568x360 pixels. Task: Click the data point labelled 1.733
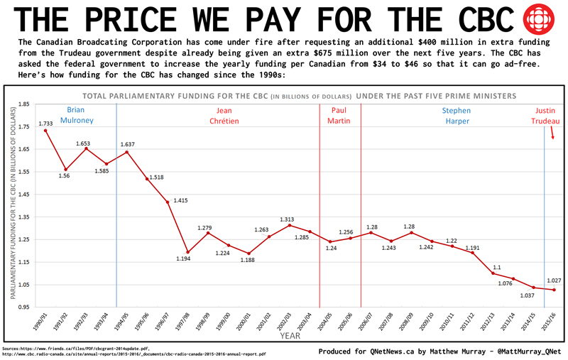coord(45,130)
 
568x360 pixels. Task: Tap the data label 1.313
coord(287,219)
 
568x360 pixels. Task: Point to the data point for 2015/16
coord(554,290)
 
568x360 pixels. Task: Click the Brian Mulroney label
coord(80,116)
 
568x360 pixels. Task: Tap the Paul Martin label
coord(340,116)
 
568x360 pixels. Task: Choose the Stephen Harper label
coord(456,116)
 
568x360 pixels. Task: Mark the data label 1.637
coord(128,145)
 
